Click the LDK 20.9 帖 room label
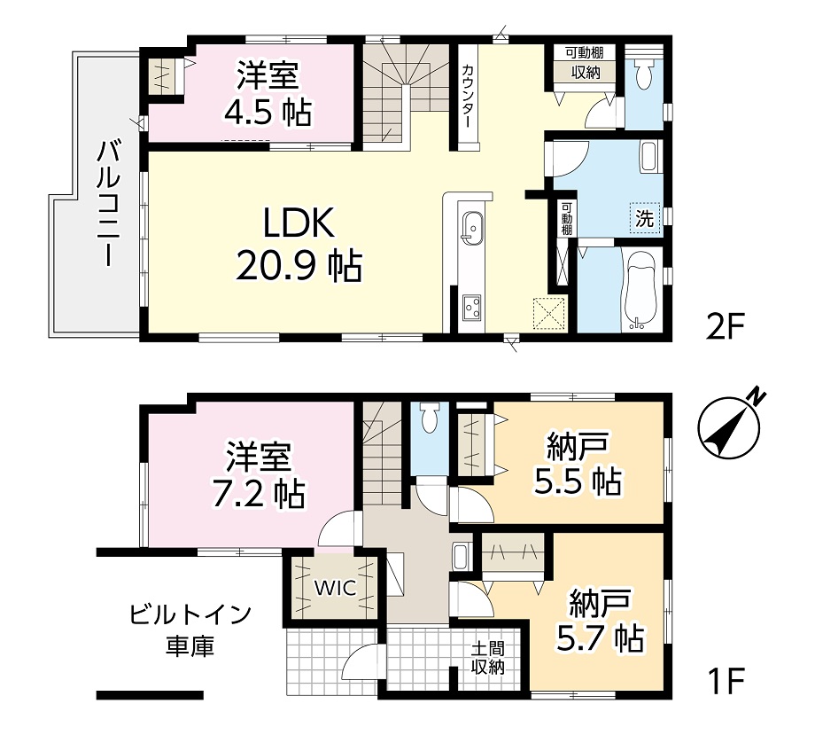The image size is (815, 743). point(299,245)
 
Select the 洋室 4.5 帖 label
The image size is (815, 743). point(268,93)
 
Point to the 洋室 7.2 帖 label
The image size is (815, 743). point(259,474)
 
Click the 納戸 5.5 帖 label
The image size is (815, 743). point(578,464)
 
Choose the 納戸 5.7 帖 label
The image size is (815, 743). point(601,621)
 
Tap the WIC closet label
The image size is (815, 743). point(335,588)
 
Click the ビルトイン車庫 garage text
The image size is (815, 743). point(190,630)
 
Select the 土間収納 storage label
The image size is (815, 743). point(487,658)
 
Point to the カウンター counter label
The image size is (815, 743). point(467,96)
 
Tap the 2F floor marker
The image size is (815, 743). point(726,326)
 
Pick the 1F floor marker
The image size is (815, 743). point(726,681)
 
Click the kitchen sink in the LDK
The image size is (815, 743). point(472,228)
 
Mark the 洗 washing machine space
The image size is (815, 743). point(645,218)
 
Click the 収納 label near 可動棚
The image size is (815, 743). point(586,72)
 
